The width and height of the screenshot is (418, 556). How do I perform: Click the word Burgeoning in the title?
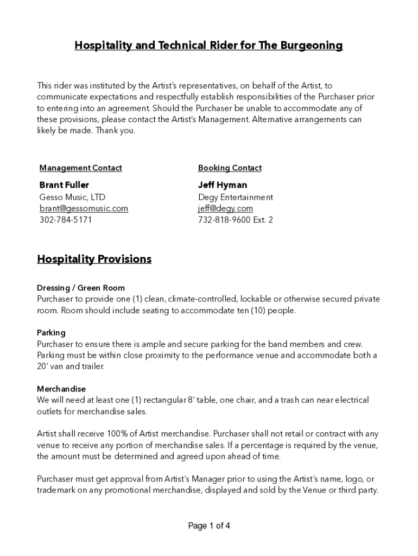312,46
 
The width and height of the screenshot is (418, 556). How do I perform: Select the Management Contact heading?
80,168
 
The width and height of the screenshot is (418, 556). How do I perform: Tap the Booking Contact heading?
230,168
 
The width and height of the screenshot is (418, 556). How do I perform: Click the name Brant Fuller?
64,185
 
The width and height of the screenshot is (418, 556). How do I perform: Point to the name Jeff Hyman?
223,185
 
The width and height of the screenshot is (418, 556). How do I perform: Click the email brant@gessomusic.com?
84,208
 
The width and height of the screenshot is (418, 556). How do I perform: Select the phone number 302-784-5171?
66,220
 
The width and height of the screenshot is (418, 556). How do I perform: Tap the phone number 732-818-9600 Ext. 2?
236,220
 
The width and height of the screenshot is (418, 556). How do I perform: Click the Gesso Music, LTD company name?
72,197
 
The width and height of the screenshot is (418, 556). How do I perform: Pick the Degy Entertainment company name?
236,197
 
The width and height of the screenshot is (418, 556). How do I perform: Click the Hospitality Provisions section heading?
94,259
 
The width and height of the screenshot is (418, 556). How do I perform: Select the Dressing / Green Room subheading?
81,288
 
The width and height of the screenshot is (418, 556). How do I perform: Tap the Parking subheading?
51,332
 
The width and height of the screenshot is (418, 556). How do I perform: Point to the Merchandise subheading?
61,389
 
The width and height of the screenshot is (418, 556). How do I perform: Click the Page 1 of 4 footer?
209,526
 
